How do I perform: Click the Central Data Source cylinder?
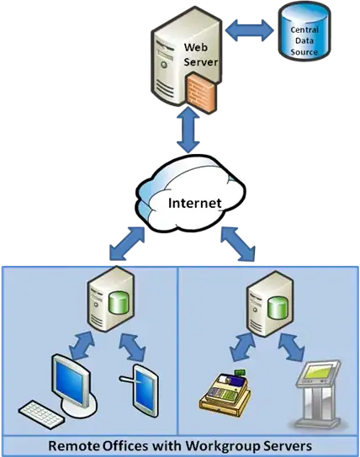tap(305, 34)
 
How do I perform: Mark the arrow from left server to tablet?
tap(133, 347)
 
